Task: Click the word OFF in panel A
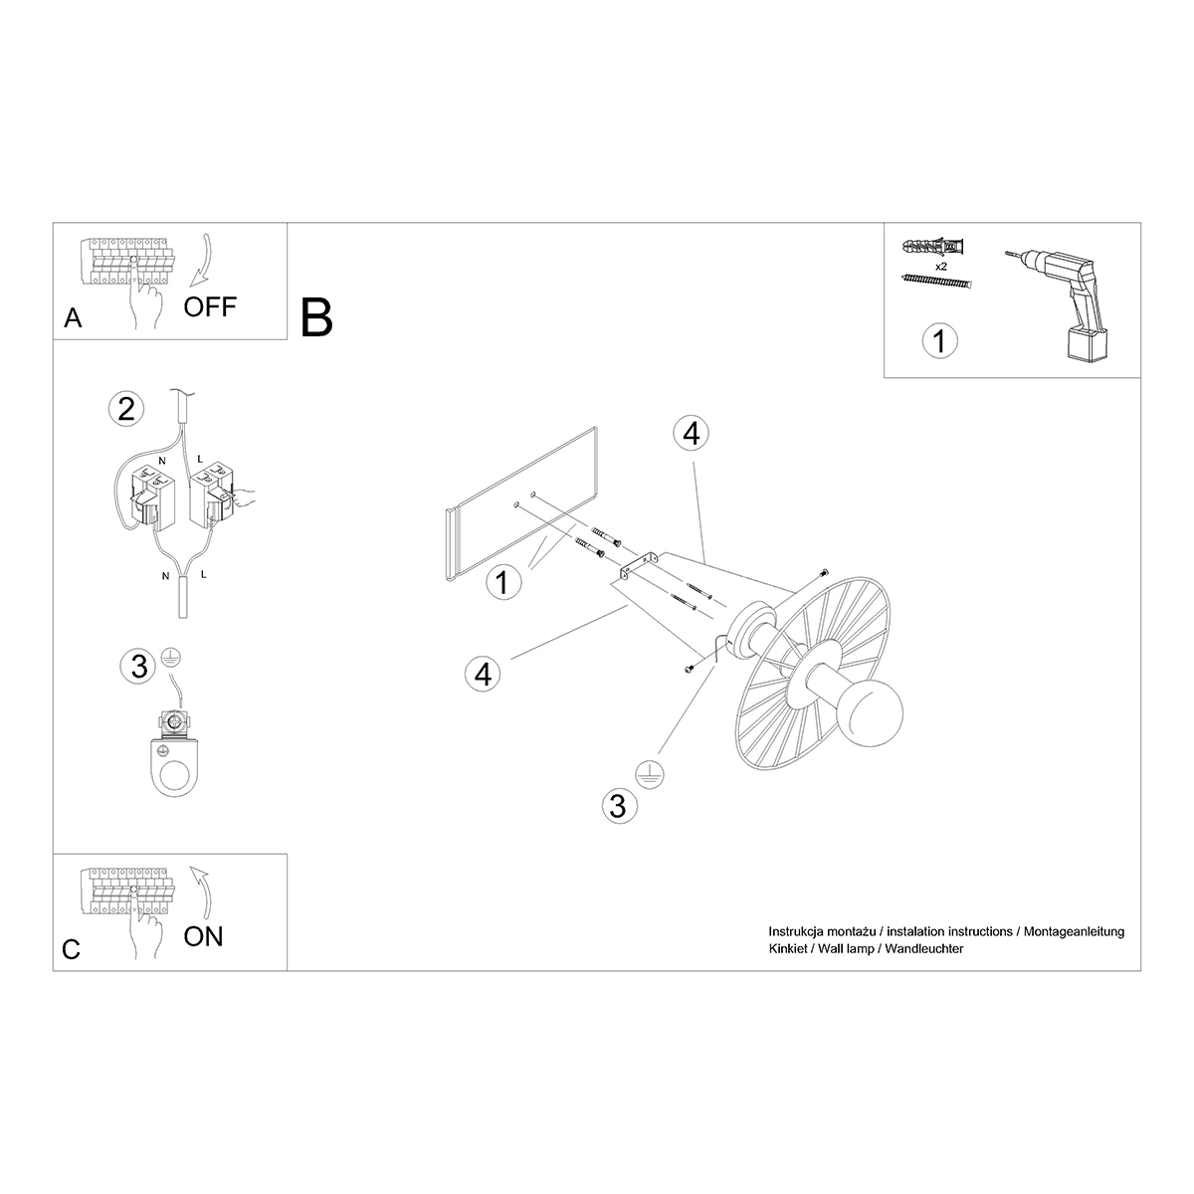(x=210, y=306)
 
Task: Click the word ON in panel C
(x=203, y=936)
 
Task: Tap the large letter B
(x=316, y=317)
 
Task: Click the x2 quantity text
(x=940, y=267)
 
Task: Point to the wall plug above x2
(x=933, y=248)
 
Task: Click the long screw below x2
(x=937, y=282)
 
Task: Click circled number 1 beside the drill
(x=939, y=341)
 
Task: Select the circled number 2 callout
(x=125, y=410)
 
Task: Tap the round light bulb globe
(x=870, y=713)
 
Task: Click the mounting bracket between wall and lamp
(x=640, y=565)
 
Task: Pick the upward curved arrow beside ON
(x=202, y=893)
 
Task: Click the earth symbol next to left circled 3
(x=170, y=658)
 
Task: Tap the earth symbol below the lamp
(x=650, y=775)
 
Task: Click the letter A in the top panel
(x=73, y=318)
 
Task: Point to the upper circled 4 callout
(x=691, y=433)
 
